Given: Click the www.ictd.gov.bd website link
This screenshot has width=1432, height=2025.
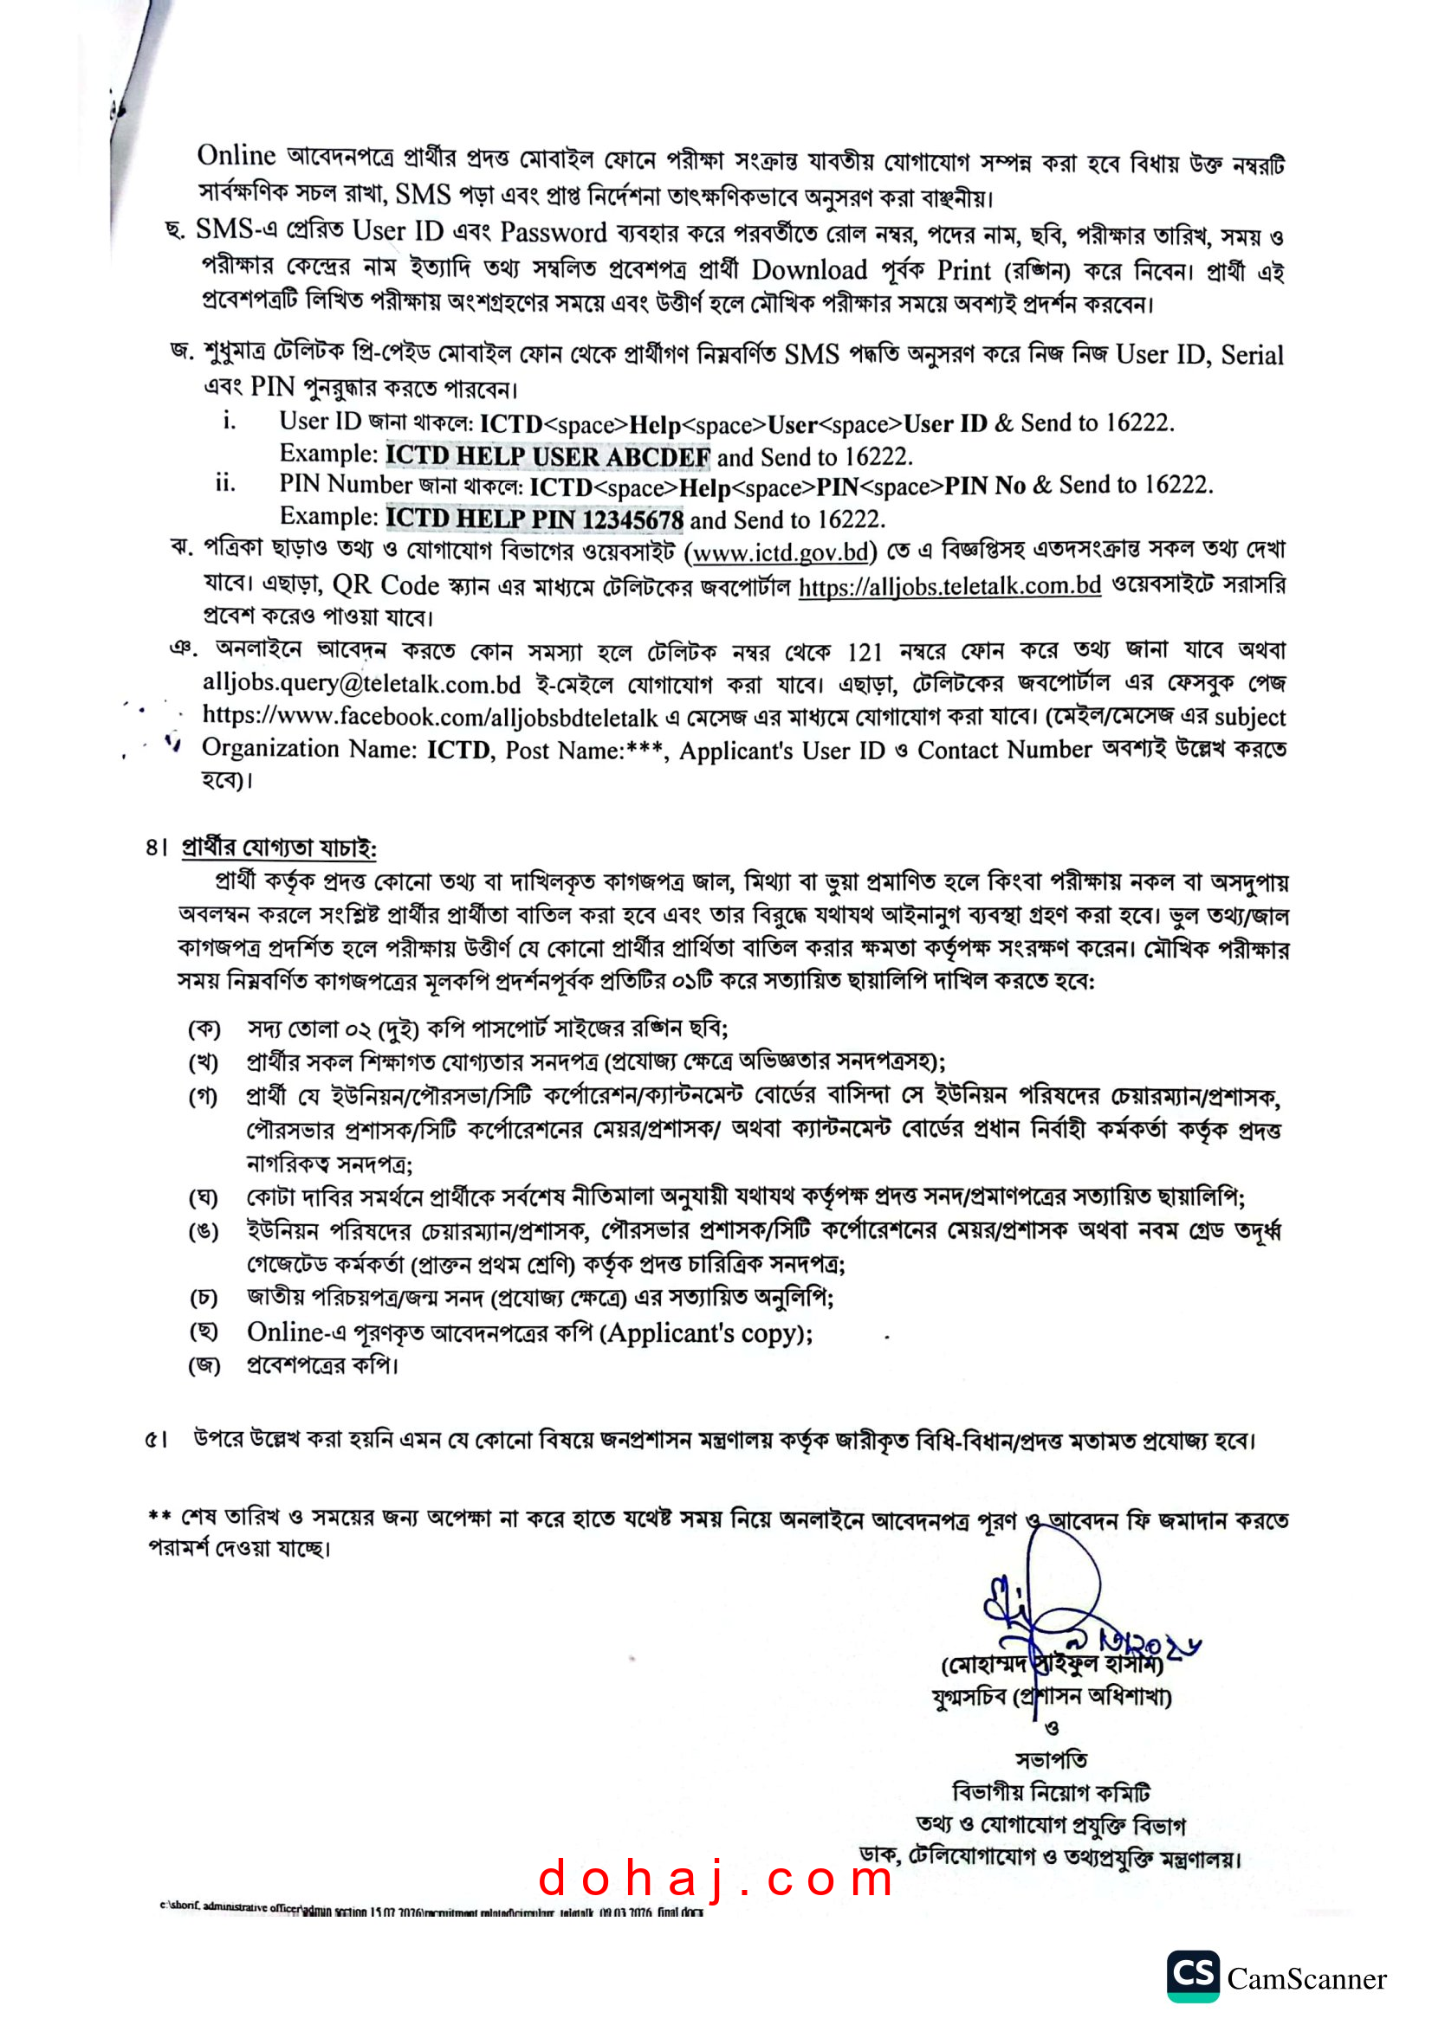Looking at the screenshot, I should coord(780,553).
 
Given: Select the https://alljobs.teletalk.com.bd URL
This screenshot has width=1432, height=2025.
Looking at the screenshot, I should coord(949,585).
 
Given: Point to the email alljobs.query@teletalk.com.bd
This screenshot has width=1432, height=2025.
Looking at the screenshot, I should coord(362,684).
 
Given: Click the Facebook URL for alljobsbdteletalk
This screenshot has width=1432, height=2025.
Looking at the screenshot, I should coord(431,716).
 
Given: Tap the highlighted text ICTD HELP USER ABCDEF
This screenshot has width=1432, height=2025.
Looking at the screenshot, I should coord(548,457).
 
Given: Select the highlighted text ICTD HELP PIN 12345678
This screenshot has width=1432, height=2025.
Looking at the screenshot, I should coord(535,519).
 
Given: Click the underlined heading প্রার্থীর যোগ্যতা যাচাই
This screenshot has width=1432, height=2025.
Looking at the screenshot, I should coord(279,848).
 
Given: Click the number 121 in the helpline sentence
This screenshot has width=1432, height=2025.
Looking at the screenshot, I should coord(865,652).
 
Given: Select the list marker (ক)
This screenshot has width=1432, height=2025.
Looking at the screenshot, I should coord(204,1029).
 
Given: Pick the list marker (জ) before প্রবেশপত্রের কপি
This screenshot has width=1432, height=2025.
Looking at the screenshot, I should coord(204,1366).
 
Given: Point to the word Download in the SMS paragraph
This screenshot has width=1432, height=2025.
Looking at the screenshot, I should coord(809,270).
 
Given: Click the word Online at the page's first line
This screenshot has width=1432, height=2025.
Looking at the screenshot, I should coord(237,156).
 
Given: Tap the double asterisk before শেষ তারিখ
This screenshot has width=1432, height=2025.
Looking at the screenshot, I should coord(159,1515).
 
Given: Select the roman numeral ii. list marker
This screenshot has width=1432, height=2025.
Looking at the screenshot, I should coord(225,483).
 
